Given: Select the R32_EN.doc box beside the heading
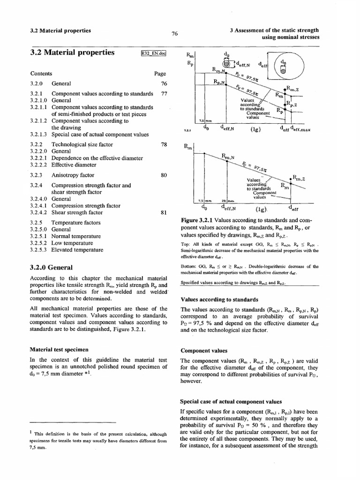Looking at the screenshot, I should click(x=153, y=53).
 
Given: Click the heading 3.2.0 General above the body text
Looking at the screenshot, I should click(x=51, y=268).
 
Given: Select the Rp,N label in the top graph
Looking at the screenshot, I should click(x=220, y=82).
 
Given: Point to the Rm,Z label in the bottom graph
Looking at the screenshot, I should click(x=299, y=179).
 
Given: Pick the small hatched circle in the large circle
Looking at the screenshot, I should click(x=283, y=69).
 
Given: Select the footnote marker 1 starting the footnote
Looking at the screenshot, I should click(x=31, y=431).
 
